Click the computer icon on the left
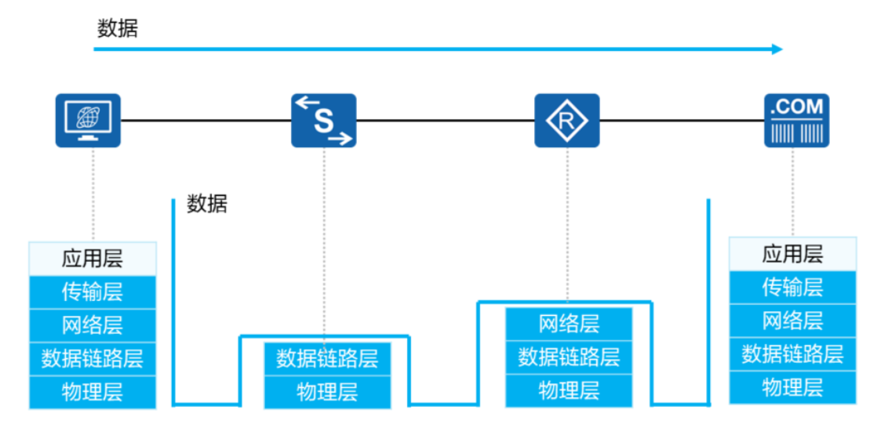[x=88, y=121]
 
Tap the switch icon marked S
[x=324, y=121]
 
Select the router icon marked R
[x=566, y=121]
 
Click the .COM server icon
[x=796, y=121]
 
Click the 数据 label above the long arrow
[x=118, y=29]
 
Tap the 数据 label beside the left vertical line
[x=207, y=205]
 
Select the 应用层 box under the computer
[x=93, y=258]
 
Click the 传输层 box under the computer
[x=93, y=292]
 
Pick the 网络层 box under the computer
[x=93, y=325]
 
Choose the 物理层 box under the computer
[x=93, y=392]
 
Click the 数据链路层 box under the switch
[x=327, y=359]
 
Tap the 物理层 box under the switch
[x=327, y=392]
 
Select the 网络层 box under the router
[x=569, y=324]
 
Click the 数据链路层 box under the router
[x=569, y=357]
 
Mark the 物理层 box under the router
[x=569, y=390]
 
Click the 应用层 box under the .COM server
[x=792, y=254]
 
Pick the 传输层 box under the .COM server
[x=792, y=288]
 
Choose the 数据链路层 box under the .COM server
[x=792, y=354]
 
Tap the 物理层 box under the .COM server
[x=792, y=387]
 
